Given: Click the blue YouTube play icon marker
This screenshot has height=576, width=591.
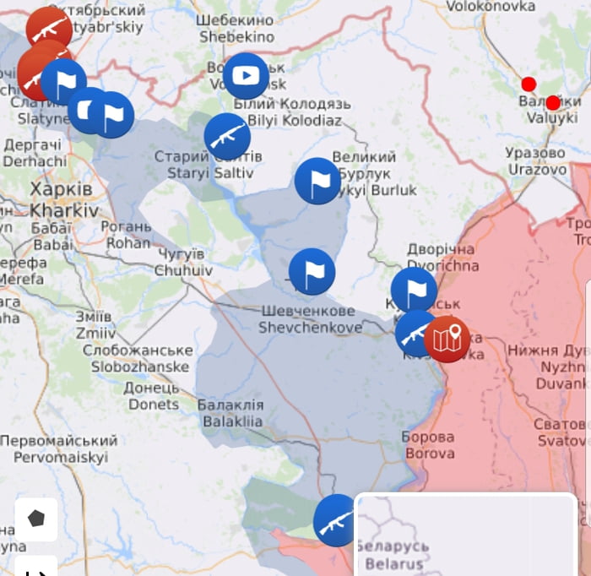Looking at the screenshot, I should tap(246, 76).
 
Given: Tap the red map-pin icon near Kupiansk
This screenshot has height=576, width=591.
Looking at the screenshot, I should tap(447, 340).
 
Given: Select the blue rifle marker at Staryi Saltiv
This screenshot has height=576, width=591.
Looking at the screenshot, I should tap(227, 136).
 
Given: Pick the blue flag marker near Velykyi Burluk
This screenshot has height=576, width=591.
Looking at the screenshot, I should tap(317, 181).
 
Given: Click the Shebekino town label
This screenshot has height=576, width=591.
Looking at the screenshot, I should tap(236, 28).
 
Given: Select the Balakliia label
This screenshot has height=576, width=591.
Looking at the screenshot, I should tap(230, 413).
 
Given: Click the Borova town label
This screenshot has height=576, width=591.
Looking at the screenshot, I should tap(428, 445).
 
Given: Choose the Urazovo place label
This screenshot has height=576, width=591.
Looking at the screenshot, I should tap(536, 161).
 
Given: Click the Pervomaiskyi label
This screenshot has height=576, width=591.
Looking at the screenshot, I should tap(57, 449).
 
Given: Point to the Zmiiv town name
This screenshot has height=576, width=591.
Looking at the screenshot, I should tap(95, 324).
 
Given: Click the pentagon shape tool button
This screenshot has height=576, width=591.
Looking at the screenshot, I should tap(36, 519).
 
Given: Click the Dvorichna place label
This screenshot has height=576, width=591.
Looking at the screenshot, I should tap(442, 258).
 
